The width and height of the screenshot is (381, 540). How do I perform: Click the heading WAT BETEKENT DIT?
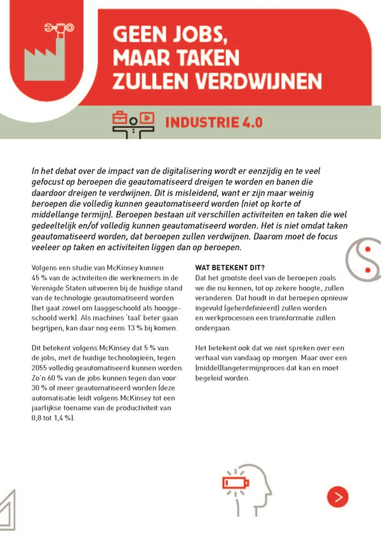[x=232, y=267]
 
